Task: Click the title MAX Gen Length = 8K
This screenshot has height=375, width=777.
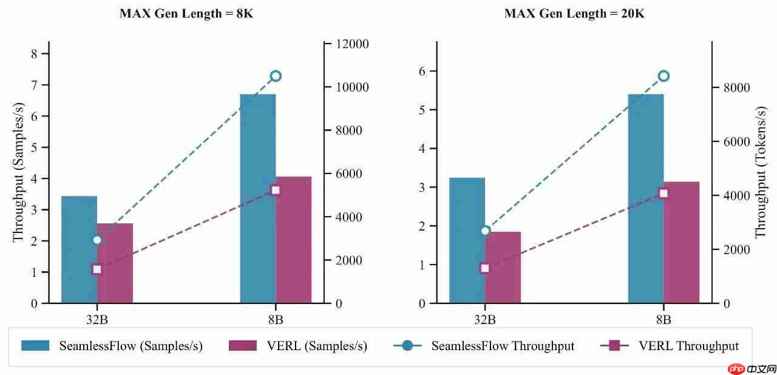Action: tap(186, 14)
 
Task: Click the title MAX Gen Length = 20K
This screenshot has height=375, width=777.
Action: tap(574, 14)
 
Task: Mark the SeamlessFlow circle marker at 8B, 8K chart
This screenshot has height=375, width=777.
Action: tap(276, 76)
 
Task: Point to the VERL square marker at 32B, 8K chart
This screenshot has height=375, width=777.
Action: tap(97, 269)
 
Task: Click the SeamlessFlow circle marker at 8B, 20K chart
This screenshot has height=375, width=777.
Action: tap(663, 76)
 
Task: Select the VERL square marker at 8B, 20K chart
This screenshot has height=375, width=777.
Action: tap(663, 194)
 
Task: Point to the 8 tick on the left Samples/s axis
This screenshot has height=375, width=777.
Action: tap(34, 53)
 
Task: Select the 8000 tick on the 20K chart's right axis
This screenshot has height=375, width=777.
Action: tap(737, 87)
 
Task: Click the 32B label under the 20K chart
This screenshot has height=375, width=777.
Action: tap(484, 320)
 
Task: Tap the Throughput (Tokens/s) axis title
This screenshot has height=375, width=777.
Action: tap(761, 173)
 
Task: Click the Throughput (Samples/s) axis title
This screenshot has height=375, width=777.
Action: tap(18, 173)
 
